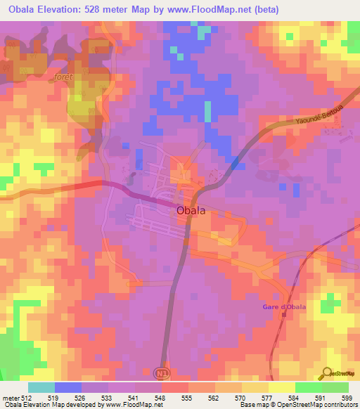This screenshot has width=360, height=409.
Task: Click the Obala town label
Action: point(191,209)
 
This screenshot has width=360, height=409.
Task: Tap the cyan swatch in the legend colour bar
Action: point(41,387)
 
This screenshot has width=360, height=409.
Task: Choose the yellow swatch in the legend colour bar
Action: point(281,387)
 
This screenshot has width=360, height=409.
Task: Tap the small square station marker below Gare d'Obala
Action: point(283,313)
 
